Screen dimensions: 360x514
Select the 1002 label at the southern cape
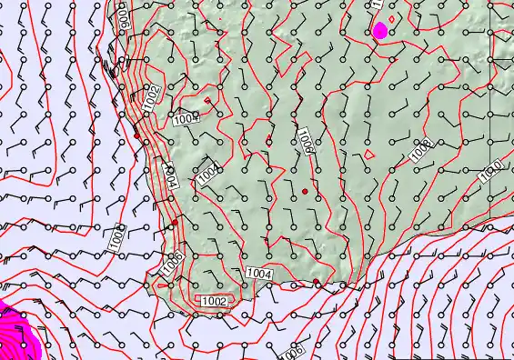point(215,301)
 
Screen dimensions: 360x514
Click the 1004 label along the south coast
point(259,272)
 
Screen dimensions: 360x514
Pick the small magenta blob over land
point(380,30)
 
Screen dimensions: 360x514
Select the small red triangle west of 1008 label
point(368,155)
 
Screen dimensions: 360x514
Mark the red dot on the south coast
point(316,283)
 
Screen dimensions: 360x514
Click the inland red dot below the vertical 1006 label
point(305,191)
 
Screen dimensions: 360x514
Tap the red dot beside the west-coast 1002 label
point(136,135)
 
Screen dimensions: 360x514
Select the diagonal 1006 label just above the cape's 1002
point(170,265)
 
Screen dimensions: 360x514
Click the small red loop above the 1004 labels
point(207,99)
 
